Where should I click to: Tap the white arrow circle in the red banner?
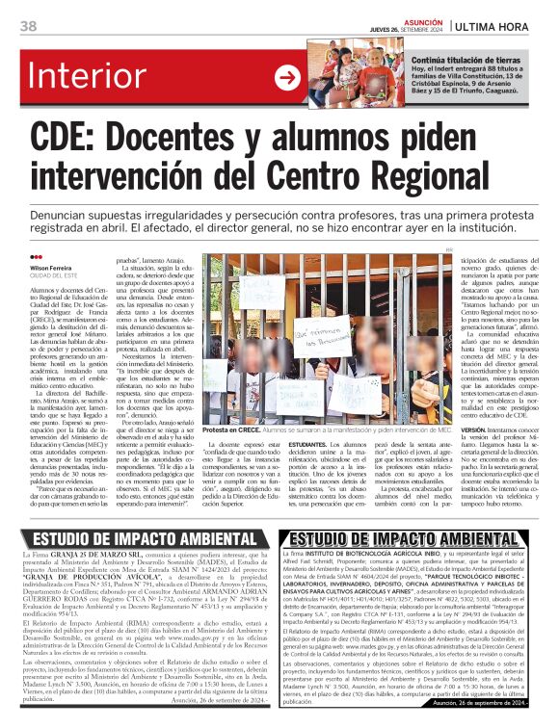click(287, 77)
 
